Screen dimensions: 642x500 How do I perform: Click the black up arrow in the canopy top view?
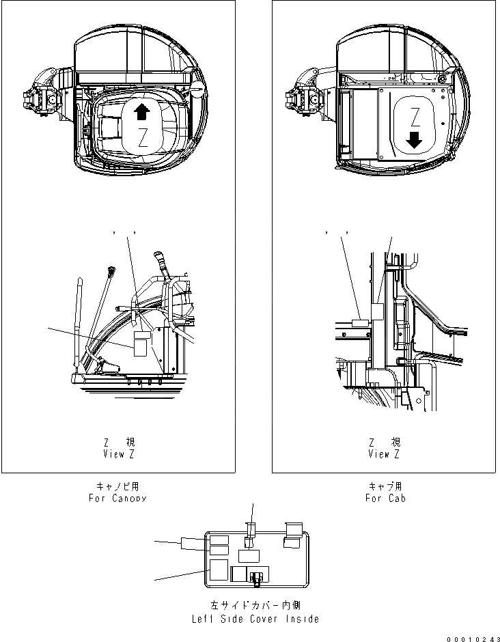tap(141, 112)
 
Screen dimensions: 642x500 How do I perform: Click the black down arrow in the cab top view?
tap(414, 141)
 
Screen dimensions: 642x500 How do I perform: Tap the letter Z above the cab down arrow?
tap(415, 115)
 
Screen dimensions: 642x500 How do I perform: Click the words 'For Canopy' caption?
tap(117, 498)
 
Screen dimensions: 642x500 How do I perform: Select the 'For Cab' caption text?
tap(385, 498)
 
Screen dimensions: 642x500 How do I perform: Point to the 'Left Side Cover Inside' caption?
tap(254, 619)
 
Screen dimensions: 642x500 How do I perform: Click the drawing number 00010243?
tap(470, 638)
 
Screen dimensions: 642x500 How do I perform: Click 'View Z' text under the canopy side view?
tap(117, 453)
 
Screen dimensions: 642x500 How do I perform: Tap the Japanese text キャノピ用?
tap(118, 486)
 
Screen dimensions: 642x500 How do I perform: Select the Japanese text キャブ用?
tap(385, 486)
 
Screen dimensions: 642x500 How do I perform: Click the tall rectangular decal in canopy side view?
tap(140, 344)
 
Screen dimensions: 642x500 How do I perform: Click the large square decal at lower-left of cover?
tap(219, 569)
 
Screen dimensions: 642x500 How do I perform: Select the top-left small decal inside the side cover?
tap(219, 540)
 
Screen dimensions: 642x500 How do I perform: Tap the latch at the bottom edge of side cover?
tap(257, 578)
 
